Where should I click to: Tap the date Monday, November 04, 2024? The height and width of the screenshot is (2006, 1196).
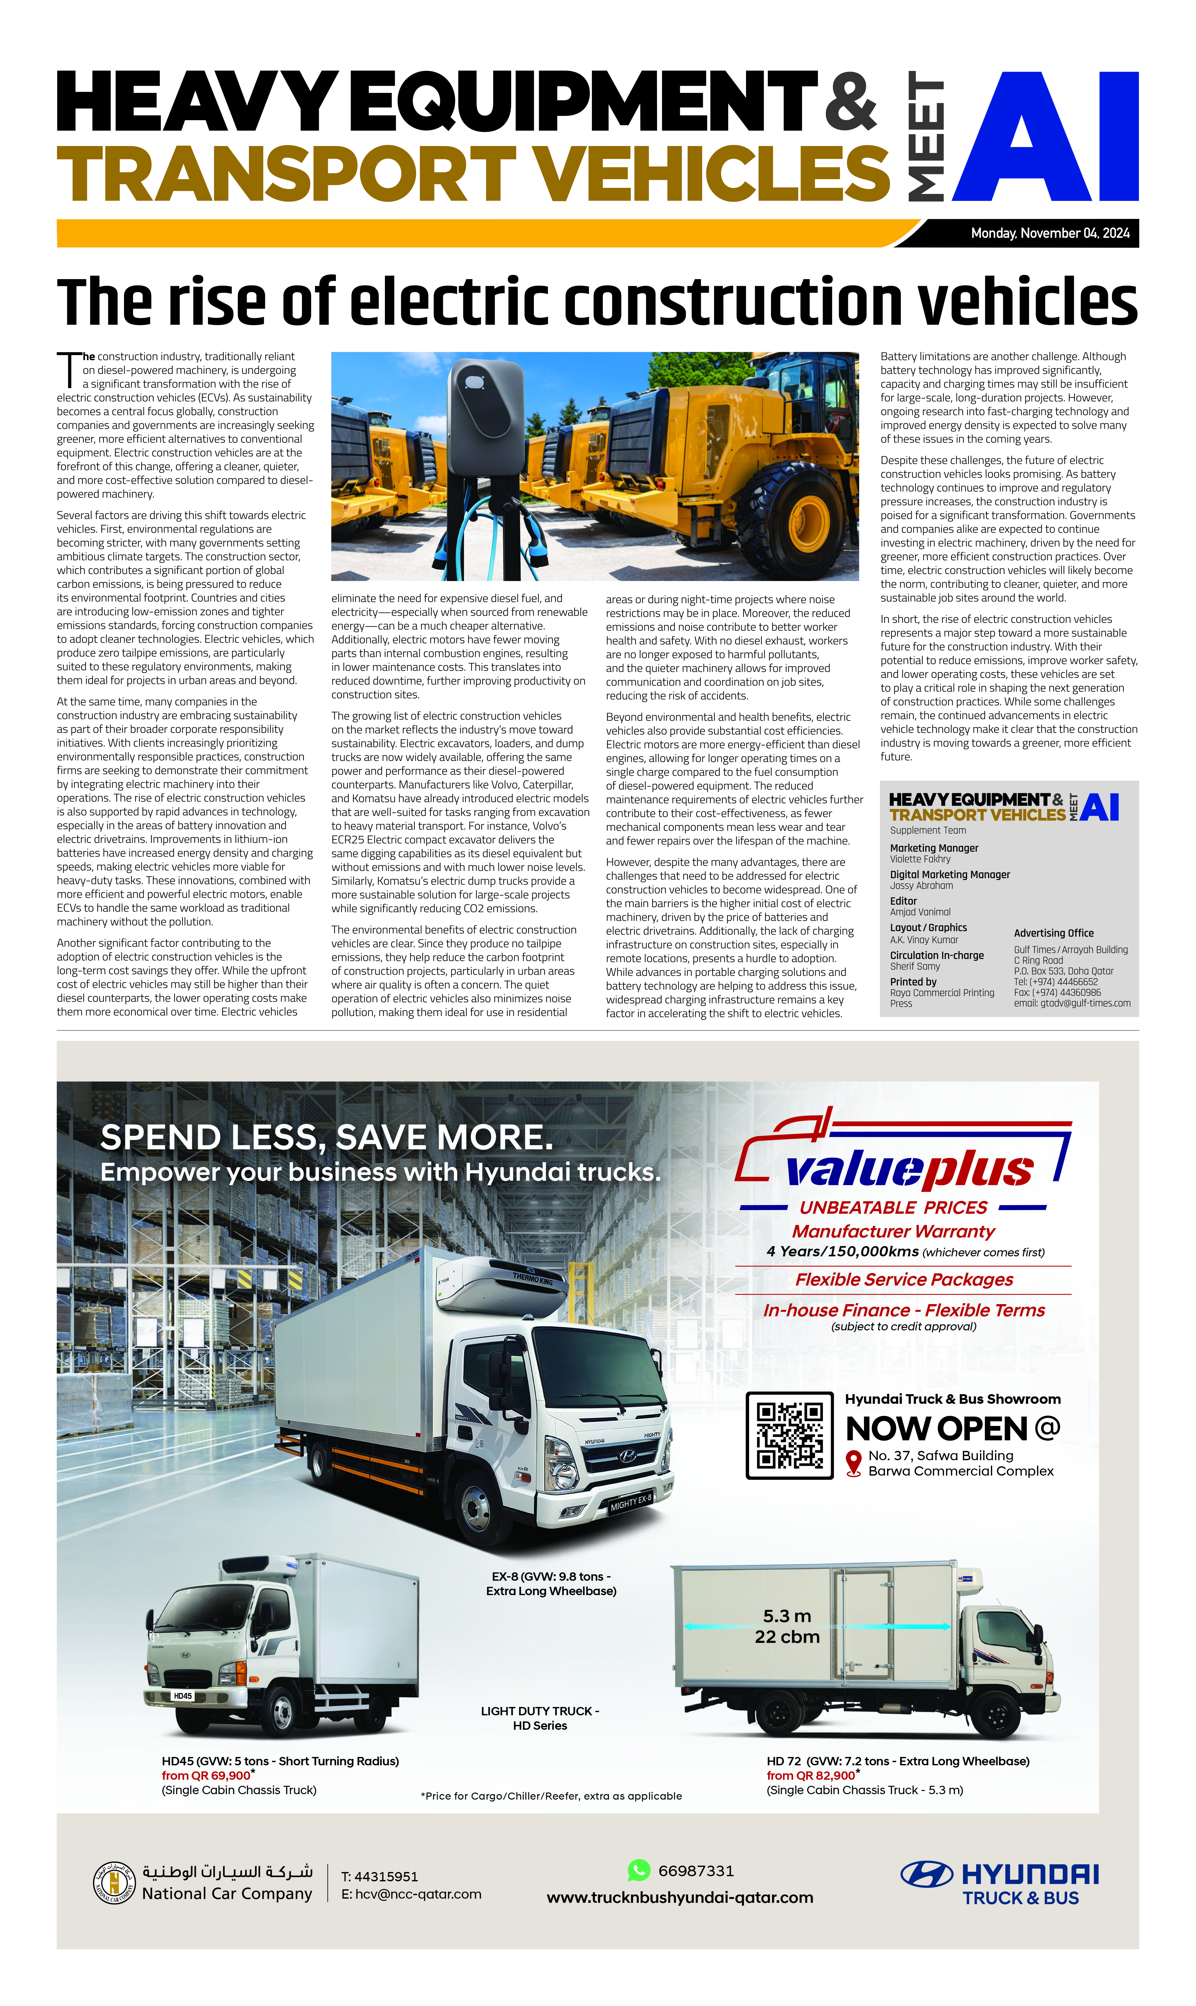[1049, 233]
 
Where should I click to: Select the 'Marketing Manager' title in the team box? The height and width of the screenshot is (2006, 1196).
[933, 848]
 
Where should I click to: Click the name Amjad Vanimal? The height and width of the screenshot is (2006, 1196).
[919, 911]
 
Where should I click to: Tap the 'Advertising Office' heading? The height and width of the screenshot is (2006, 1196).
[1053, 932]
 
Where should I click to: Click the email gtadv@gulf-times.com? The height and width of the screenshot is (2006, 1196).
[1072, 1003]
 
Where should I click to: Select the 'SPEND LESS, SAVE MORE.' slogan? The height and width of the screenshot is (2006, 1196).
[327, 1137]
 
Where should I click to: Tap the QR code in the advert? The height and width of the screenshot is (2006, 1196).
[789, 1436]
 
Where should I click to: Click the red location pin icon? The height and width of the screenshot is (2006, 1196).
[853, 1463]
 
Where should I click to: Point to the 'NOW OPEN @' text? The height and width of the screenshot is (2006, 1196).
[952, 1429]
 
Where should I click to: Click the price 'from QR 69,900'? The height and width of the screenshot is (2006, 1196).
[206, 1776]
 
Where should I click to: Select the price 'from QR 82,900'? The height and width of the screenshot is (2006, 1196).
[811, 1776]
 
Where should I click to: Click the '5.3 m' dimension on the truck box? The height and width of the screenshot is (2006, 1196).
[786, 1616]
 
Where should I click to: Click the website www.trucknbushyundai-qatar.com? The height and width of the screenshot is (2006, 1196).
[679, 1897]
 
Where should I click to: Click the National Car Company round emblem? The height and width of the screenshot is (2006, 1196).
[114, 1883]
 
